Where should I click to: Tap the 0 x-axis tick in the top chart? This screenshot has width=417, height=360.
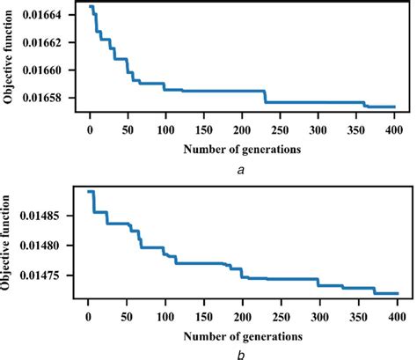pos(90,127)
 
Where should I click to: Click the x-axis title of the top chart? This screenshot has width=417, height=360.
pos(242,148)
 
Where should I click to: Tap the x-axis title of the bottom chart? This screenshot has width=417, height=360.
pos(242,334)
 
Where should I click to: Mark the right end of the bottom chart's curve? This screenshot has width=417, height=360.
pos(398,294)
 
